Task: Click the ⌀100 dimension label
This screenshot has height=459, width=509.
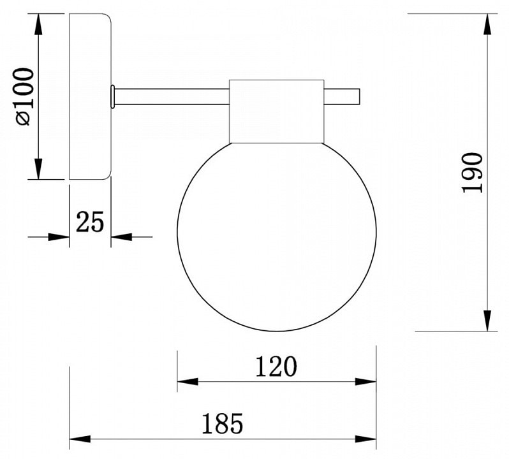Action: coord(24,96)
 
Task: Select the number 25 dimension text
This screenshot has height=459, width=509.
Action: coord(90,222)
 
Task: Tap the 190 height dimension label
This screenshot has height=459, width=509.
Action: coord(472,173)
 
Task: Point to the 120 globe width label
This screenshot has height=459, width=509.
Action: coord(276,366)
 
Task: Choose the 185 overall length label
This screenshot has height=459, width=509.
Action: coord(223,423)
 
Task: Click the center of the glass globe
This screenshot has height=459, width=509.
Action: coord(277,236)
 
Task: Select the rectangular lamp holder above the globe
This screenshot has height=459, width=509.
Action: coord(277,112)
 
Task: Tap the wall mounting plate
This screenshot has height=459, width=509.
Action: coord(91,96)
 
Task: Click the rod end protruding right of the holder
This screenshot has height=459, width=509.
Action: coord(342,97)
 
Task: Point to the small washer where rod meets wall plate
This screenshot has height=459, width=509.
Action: coord(112,97)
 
